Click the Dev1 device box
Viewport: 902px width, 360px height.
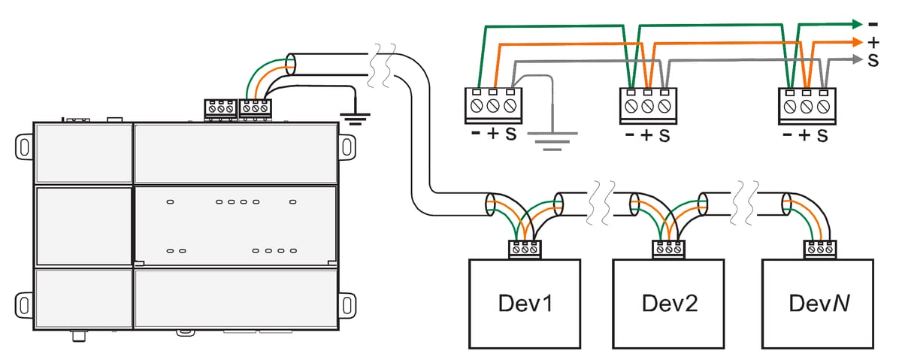coord(524,304)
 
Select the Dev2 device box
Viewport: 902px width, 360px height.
coord(669,304)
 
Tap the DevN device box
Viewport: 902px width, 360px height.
coord(818,304)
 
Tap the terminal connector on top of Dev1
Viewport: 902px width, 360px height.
coord(524,249)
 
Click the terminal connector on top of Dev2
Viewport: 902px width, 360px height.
coord(669,249)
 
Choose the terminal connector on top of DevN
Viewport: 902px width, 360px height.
coord(818,249)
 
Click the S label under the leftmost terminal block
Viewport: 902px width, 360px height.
coord(510,135)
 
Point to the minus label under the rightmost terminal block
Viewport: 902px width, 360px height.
coord(786,136)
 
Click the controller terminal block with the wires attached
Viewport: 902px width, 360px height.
coord(255,108)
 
